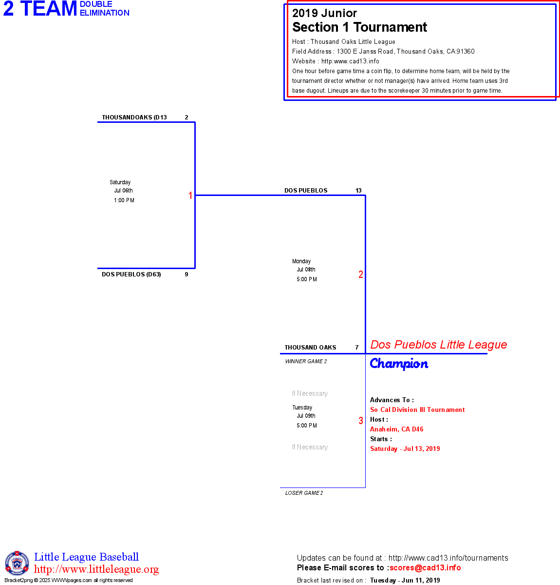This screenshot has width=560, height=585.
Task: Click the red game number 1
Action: tap(190, 195)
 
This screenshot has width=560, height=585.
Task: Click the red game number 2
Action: tap(361, 274)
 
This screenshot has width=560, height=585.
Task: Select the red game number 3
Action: tap(361, 421)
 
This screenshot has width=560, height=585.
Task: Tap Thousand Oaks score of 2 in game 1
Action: tap(187, 117)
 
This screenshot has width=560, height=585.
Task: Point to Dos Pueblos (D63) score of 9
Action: tap(187, 274)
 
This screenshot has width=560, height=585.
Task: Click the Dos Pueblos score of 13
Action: tap(358, 191)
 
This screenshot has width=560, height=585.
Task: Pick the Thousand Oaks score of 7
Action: tap(357, 348)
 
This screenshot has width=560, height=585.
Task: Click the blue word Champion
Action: tap(399, 364)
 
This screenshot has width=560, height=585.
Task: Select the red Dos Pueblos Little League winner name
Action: tap(438, 345)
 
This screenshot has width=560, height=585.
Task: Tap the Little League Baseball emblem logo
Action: tap(17, 563)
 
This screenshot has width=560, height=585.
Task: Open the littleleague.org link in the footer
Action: tap(96, 569)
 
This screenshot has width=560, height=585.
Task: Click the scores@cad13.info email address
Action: tap(425, 567)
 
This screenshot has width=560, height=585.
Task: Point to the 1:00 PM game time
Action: tap(124, 200)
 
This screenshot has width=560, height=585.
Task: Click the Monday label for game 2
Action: tap(301, 261)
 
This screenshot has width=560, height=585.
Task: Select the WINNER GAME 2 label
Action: tap(306, 361)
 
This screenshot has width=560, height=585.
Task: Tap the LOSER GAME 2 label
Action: tap(304, 493)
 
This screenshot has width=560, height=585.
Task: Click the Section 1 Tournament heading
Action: tap(359, 27)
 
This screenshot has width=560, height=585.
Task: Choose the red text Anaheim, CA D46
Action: tap(396, 429)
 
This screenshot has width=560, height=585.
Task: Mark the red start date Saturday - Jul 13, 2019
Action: tap(405, 449)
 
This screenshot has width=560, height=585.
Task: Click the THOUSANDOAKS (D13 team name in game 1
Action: tap(134, 117)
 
